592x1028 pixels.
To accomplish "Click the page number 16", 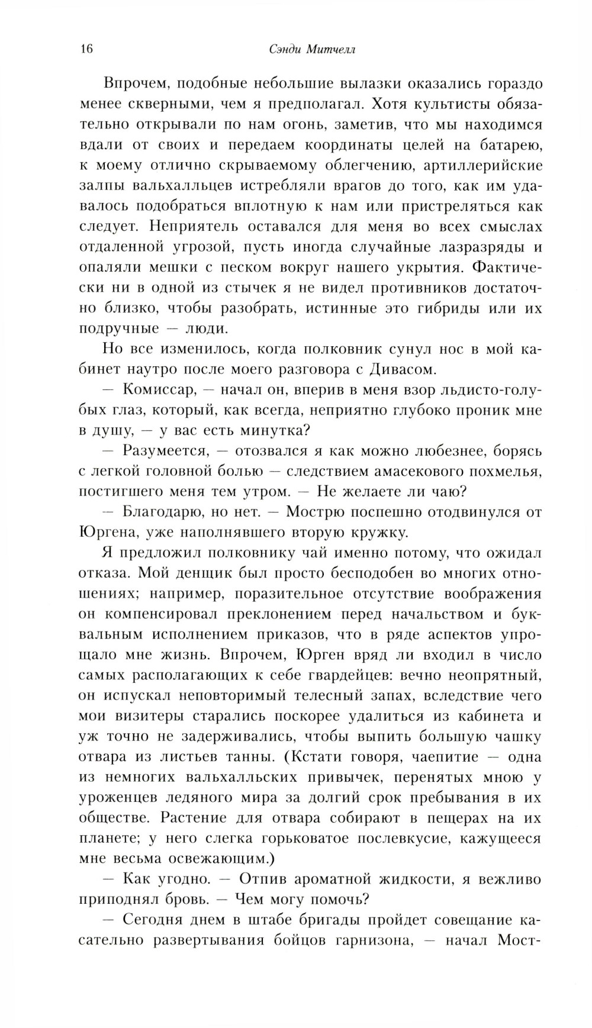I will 85,49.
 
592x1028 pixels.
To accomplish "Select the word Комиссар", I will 162,389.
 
